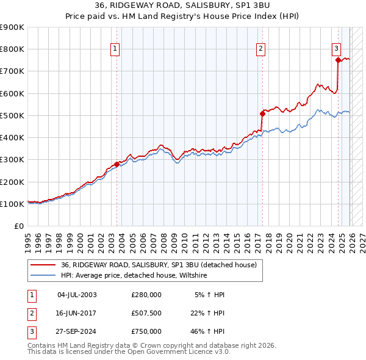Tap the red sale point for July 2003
tap(117, 164)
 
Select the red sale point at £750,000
tap(338, 60)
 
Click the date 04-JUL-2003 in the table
tap(77, 295)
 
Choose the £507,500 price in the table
tap(146, 313)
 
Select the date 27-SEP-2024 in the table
tap(77, 331)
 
